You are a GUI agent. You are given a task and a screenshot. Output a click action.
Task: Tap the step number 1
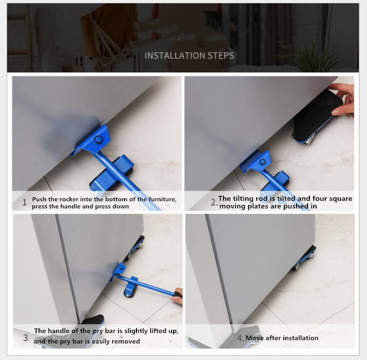(25, 202)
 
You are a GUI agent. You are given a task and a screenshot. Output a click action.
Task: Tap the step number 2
(213, 202)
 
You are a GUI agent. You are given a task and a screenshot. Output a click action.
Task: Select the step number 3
(26, 338)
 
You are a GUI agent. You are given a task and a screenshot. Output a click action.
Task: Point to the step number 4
(240, 338)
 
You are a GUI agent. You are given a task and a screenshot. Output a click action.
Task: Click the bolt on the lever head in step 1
(98, 140)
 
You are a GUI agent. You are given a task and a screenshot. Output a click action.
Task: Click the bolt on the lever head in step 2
(262, 162)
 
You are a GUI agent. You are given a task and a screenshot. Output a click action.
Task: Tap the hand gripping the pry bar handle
(178, 296)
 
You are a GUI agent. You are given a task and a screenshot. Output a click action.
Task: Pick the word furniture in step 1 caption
(162, 199)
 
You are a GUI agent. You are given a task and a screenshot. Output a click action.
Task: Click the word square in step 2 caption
(340, 198)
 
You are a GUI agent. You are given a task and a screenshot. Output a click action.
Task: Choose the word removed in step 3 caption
(126, 341)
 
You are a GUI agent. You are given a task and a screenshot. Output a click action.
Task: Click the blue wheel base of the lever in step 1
(112, 173)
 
